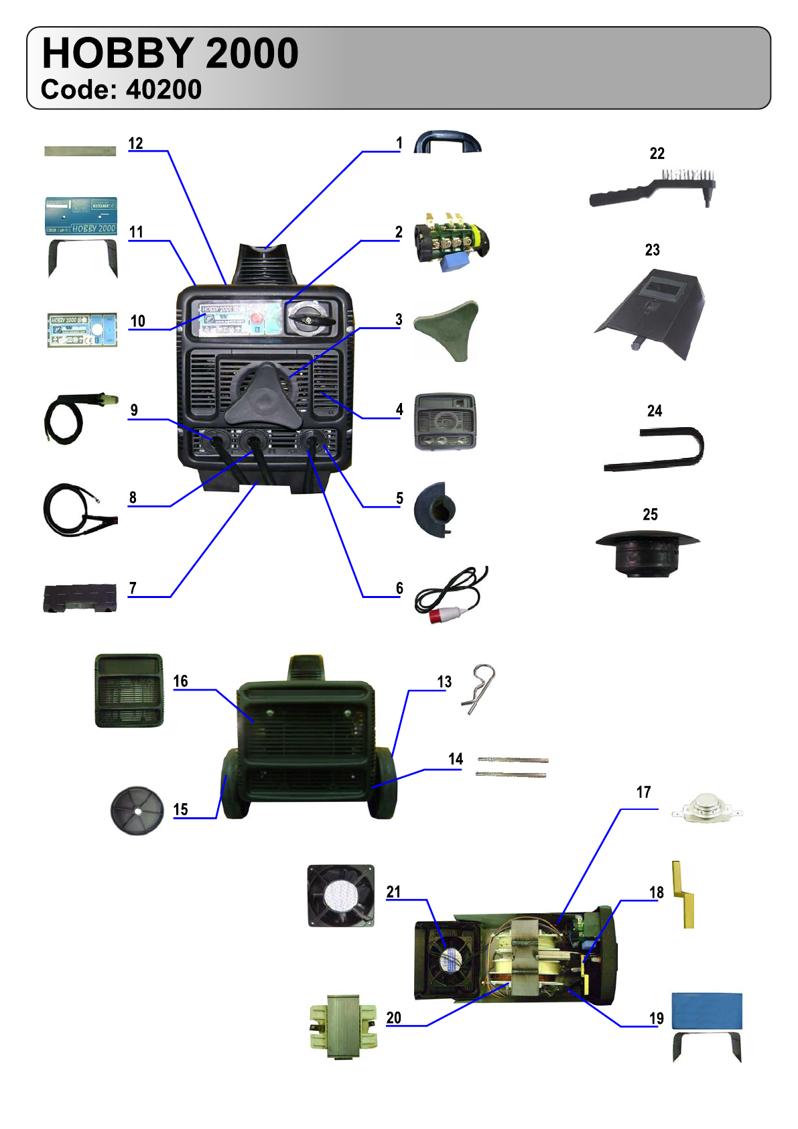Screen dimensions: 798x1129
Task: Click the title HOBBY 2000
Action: coord(170,54)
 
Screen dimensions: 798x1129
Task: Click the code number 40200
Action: coord(163,90)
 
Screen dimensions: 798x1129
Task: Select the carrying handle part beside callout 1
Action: coord(448,142)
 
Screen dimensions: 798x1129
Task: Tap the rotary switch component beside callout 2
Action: coord(451,242)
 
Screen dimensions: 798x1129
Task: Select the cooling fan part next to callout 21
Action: coord(341,896)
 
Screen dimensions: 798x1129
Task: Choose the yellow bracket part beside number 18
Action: coord(684,895)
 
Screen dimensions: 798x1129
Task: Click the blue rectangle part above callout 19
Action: coord(707,1010)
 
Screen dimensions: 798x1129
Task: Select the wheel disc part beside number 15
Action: coord(137,811)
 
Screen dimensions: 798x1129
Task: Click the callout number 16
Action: coord(181,682)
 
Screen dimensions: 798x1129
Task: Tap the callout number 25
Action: coord(650,515)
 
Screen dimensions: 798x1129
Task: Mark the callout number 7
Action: coord(133,589)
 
